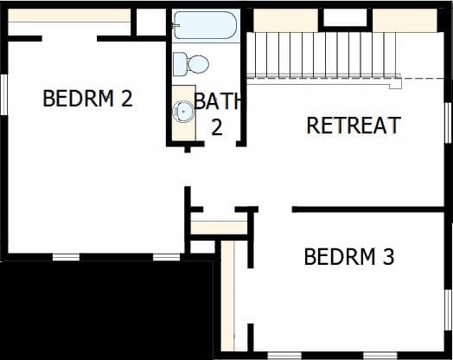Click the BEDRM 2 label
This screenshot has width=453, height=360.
[x=88, y=99]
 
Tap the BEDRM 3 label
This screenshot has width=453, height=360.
[x=349, y=257]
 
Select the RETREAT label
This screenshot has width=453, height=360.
[x=354, y=125]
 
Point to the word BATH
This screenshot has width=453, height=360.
[x=217, y=101]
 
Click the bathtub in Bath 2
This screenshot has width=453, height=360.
[x=206, y=25]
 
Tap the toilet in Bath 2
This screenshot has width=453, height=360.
[x=191, y=64]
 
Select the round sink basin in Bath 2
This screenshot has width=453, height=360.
[x=183, y=112]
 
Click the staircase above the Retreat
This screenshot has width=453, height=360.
[x=323, y=55]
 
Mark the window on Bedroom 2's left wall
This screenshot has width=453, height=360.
[x=3, y=94]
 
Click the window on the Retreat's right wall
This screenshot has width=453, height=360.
[x=448, y=123]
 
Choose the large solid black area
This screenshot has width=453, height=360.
[x=107, y=311]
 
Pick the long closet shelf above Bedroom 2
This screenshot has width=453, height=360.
[x=69, y=15]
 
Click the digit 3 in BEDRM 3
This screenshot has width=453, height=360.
[x=388, y=257]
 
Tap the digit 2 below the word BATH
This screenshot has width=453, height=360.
[x=217, y=127]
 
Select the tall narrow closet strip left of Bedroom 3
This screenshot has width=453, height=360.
[x=228, y=295]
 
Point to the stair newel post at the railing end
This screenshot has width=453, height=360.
[x=396, y=84]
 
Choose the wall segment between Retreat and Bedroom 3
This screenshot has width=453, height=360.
[x=368, y=209]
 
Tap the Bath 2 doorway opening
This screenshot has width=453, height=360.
[x=220, y=144]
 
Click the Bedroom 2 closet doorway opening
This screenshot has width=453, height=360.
[x=69, y=38]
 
